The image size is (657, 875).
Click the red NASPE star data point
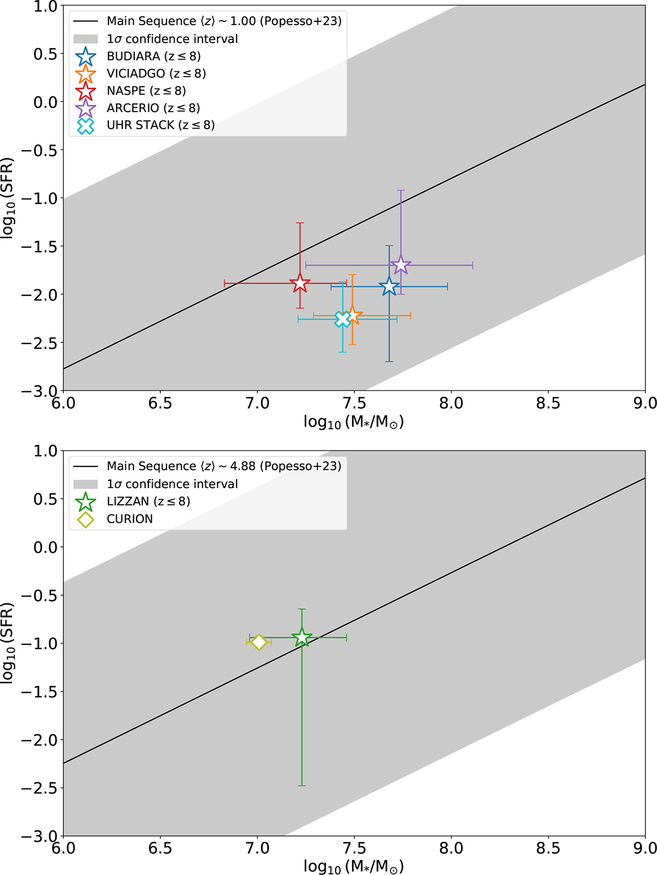pos(300,283)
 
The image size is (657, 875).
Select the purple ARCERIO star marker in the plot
pos(401,265)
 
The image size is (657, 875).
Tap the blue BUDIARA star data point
pos(389,286)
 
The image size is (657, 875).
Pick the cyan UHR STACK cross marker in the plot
pos(343,319)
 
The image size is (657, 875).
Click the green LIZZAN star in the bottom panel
pos(302,637)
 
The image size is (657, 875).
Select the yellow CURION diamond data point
pos(259,642)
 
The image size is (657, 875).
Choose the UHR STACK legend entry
pos(160,125)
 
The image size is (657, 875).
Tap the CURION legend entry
pos(129,519)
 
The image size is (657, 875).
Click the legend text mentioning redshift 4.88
pos(223,466)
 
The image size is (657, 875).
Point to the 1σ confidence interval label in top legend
pos(172,39)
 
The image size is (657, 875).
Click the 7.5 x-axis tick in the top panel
pos(354,404)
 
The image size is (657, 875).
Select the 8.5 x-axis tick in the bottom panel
pos(548,849)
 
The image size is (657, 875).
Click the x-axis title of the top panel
pos(354,422)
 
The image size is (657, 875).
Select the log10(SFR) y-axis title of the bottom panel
pos(8,643)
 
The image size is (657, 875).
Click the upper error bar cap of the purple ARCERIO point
pos(401,191)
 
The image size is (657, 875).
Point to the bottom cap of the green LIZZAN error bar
pos(302,786)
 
